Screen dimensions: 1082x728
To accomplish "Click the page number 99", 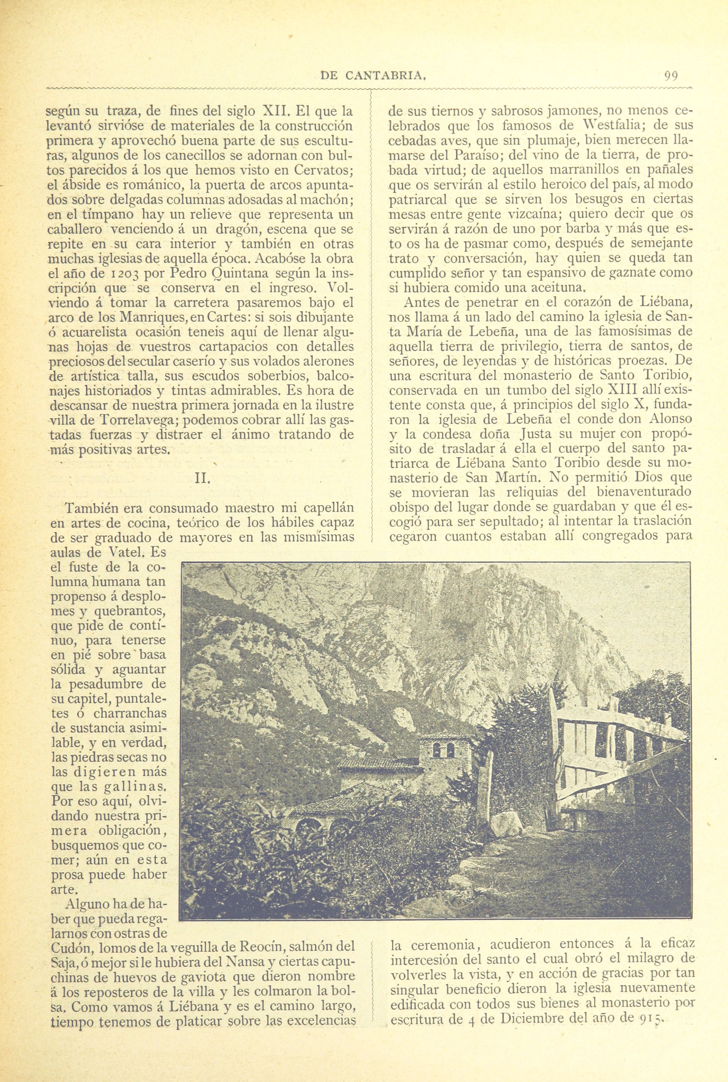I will (x=671, y=75).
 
